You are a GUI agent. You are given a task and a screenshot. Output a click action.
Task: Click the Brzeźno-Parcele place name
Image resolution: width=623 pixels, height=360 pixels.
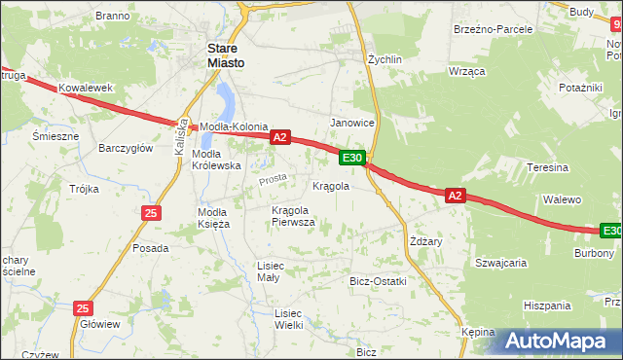493,29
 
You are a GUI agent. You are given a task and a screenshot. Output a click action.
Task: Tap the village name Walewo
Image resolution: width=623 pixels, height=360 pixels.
562,199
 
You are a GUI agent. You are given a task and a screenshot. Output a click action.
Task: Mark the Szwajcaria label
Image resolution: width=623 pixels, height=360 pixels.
500,263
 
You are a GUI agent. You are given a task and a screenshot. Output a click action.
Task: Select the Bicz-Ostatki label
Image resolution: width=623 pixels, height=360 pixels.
378,281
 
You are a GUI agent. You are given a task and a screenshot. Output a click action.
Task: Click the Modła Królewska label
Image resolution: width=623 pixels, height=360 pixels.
216,160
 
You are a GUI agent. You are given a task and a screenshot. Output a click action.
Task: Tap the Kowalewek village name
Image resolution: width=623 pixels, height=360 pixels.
86,88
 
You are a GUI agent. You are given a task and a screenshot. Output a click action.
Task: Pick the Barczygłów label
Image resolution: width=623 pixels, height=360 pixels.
126,148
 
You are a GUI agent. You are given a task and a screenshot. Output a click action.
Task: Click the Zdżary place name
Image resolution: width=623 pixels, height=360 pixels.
426,241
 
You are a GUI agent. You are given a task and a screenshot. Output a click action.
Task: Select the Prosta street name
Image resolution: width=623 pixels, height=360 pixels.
273,179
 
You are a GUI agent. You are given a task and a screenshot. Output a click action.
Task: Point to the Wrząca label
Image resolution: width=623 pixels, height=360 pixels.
466,73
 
